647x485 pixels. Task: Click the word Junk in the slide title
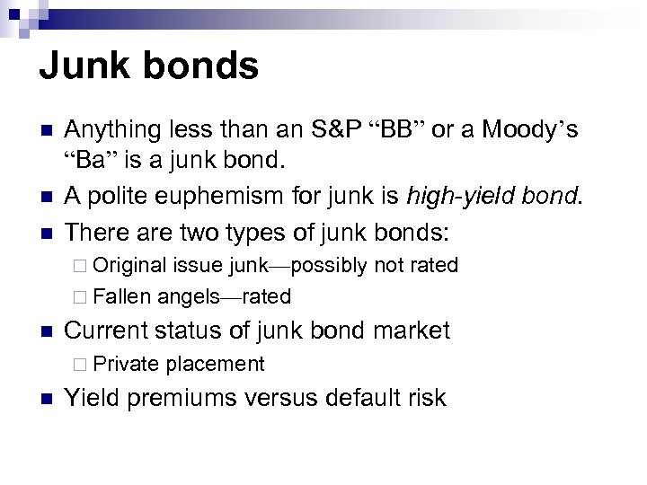coord(88,67)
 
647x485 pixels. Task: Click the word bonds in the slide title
coord(203,67)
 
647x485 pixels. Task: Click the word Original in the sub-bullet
coord(130,265)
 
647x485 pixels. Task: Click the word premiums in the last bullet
coord(196,397)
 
